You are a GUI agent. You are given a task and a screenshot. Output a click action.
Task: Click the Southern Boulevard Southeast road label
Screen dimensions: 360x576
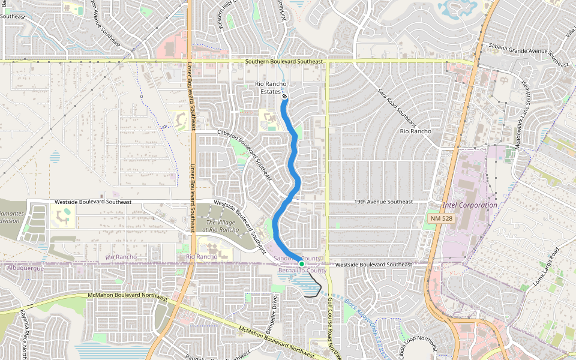click(x=284, y=61)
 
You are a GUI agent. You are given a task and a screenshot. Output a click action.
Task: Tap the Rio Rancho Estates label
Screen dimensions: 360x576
click(x=271, y=88)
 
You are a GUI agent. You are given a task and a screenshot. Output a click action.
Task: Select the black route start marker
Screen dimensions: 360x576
click(x=284, y=96)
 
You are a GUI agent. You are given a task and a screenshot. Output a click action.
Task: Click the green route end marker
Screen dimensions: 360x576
click(x=301, y=264)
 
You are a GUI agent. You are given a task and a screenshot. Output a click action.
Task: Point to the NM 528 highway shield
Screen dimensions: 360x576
click(x=441, y=219)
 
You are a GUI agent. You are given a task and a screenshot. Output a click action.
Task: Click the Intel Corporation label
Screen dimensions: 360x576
click(x=470, y=205)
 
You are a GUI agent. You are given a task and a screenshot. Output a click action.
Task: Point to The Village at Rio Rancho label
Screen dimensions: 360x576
click(x=222, y=226)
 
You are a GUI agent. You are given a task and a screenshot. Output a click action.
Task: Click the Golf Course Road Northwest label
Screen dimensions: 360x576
click(x=331, y=327)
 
